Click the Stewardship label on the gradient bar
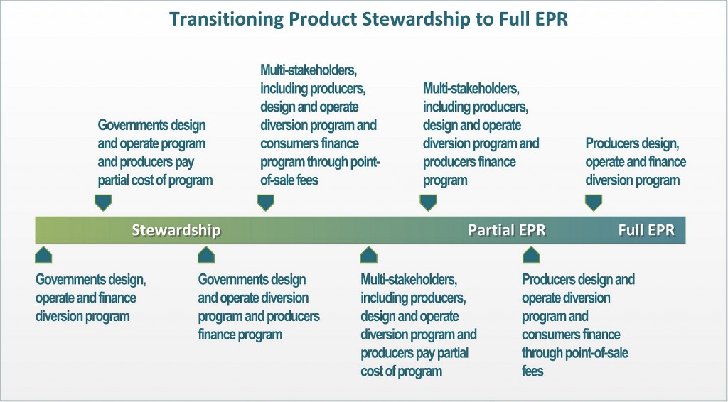(176, 230)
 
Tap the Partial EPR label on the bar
(506, 230)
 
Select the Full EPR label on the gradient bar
(646, 230)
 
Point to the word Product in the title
(321, 19)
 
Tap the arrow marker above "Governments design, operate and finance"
(43, 254)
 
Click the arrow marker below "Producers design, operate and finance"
(594, 202)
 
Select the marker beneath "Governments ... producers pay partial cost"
(102, 202)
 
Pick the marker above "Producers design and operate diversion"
(531, 254)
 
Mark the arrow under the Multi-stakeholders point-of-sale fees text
(266, 202)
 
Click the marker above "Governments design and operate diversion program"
(206, 254)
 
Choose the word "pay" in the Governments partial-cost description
(184, 163)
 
